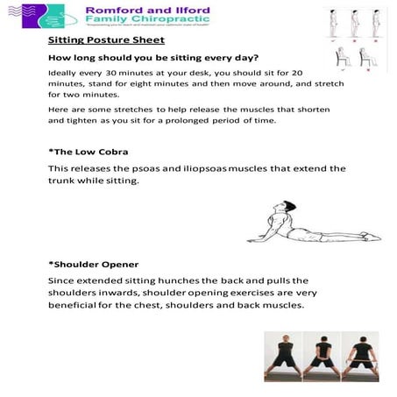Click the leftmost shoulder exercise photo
coord(283,357)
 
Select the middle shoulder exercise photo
coord(321,357)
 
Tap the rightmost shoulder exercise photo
coord(359,357)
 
